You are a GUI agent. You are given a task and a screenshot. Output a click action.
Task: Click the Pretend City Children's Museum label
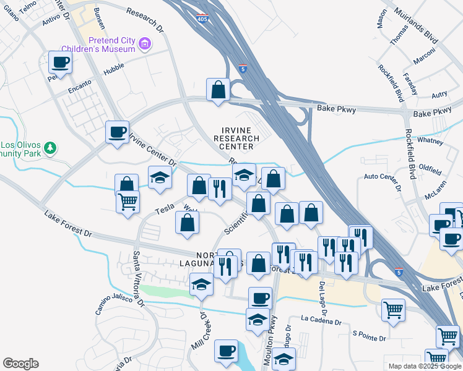point(111,45)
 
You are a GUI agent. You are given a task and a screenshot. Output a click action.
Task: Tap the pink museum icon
point(144,45)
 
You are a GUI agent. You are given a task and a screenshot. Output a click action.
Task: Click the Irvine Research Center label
point(237,139)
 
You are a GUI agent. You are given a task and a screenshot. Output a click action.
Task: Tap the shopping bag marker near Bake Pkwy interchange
point(219,90)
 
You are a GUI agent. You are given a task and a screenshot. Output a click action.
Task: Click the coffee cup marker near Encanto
point(60,62)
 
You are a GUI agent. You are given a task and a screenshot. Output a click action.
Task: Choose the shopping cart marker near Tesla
point(128,202)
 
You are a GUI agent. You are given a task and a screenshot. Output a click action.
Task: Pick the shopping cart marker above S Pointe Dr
point(394,310)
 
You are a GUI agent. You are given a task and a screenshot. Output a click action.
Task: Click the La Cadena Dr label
point(321,321)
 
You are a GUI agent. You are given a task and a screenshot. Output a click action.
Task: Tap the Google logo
point(20,364)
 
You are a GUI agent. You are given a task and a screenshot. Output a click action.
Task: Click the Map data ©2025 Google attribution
point(425,366)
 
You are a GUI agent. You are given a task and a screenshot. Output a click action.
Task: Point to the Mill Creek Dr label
point(200,330)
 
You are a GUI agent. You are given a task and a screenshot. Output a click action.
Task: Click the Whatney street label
point(431,142)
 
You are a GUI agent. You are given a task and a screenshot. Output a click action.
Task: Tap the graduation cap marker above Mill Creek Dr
point(201,284)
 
